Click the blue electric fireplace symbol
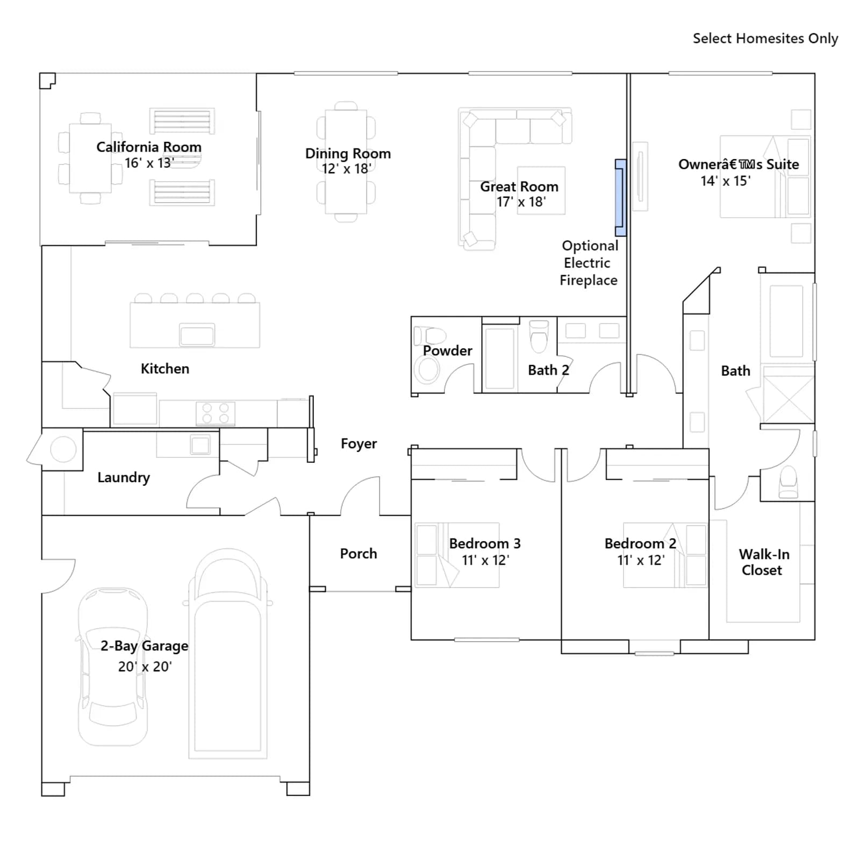(621, 198)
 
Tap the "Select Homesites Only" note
(765, 39)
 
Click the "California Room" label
(149, 147)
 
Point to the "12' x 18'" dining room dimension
(347, 169)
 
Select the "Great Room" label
(519, 187)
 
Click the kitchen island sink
(197, 335)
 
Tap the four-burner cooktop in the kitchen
(216, 413)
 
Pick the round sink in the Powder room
(428, 370)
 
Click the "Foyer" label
(359, 444)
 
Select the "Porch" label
(359, 554)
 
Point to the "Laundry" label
(124, 478)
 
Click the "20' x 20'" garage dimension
(145, 666)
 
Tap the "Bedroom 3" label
(485, 543)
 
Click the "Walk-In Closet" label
(763, 562)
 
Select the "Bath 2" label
(548, 370)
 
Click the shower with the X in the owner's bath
(789, 399)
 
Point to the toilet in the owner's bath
(788, 482)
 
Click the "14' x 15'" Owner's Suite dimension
(726, 181)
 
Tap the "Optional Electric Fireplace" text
(589, 263)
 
